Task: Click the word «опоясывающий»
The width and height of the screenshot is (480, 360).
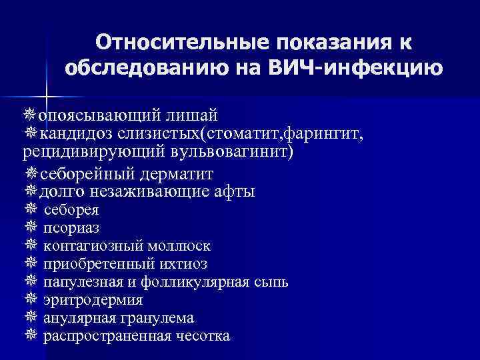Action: (87, 117)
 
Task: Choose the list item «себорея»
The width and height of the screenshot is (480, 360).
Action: (71, 211)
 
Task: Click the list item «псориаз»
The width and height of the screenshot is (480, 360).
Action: (71, 229)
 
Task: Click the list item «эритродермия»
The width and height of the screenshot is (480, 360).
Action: (93, 300)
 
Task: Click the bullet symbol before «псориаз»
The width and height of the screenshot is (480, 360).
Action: (30, 229)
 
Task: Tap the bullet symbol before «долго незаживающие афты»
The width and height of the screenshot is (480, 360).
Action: (30, 192)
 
